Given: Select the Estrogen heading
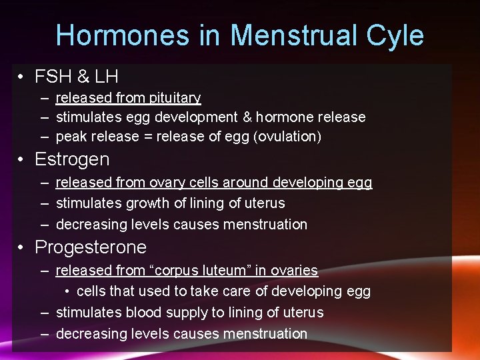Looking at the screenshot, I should tap(72, 159).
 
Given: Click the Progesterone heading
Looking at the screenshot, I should tap(91, 247).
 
